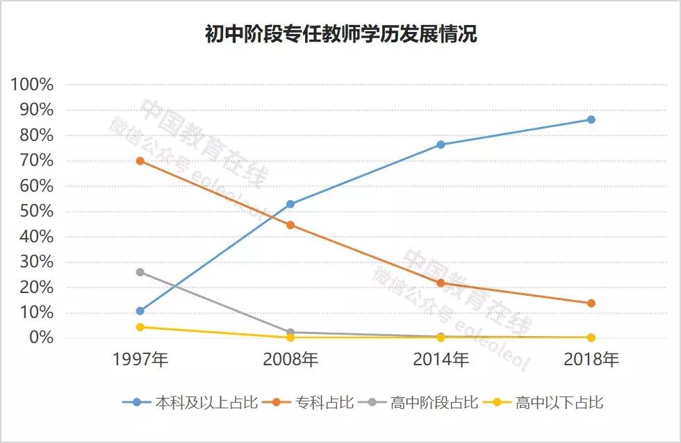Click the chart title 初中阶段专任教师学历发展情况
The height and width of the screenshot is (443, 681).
click(340, 34)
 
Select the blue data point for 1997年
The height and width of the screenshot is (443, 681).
click(140, 310)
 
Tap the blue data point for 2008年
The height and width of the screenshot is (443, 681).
click(290, 204)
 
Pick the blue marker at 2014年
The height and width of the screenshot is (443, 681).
click(441, 144)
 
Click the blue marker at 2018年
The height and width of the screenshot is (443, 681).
click(591, 119)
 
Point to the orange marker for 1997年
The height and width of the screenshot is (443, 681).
click(140, 160)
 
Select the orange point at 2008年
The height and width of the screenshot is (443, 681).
click(290, 225)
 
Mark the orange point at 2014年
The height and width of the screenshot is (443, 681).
click(441, 283)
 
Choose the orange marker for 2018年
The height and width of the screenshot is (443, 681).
click(591, 303)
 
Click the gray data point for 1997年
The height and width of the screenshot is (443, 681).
click(140, 272)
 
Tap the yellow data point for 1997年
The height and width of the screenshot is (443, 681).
click(140, 326)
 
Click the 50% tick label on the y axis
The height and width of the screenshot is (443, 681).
click(37, 211)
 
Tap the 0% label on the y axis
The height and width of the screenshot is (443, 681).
click(41, 337)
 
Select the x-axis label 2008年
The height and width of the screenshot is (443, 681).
click(290, 360)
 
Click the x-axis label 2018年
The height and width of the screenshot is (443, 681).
click(591, 360)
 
